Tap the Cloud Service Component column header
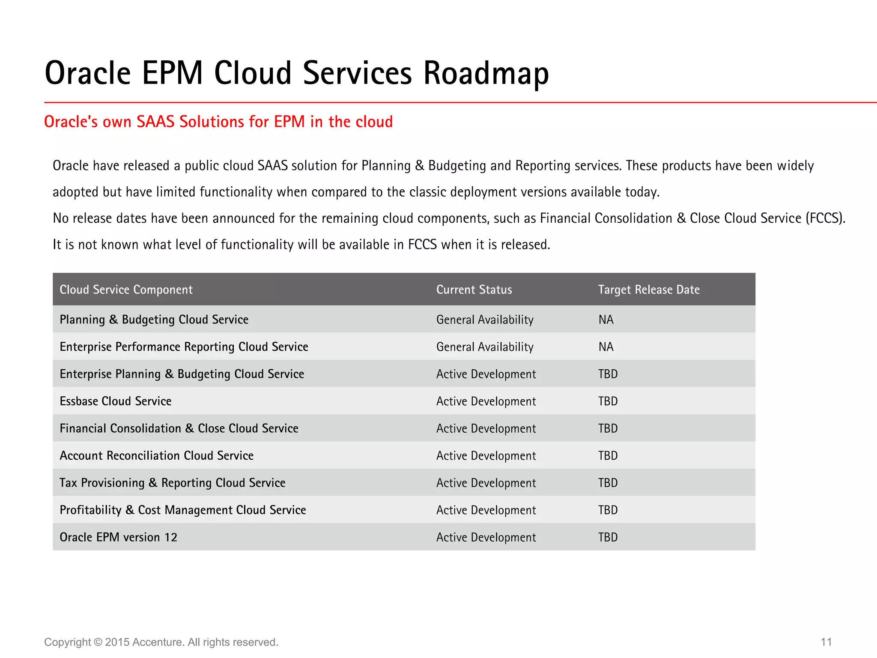coord(126,290)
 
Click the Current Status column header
coord(474,290)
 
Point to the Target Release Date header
coord(649,290)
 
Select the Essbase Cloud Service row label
coord(116,401)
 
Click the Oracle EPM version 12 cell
coord(118,537)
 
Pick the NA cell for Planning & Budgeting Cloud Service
coord(606,320)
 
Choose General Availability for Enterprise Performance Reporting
coord(485,347)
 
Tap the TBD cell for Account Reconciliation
coord(608,456)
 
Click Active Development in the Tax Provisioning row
coord(486,483)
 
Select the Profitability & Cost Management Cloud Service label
coord(183,510)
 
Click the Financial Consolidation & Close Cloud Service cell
coord(179,428)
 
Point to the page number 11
coord(826,642)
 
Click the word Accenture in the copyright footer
coord(158,642)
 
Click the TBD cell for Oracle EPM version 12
coord(608,537)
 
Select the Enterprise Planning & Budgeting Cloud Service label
coord(182,374)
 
